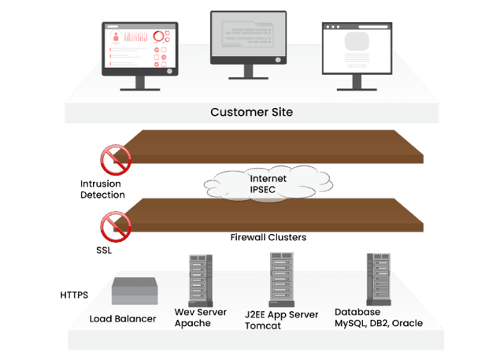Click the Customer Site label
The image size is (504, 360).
(x=251, y=112)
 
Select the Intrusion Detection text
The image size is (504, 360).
(x=102, y=189)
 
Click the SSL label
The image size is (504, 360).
(x=105, y=250)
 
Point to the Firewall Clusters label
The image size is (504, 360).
(x=268, y=237)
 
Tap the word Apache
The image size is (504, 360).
(x=192, y=323)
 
